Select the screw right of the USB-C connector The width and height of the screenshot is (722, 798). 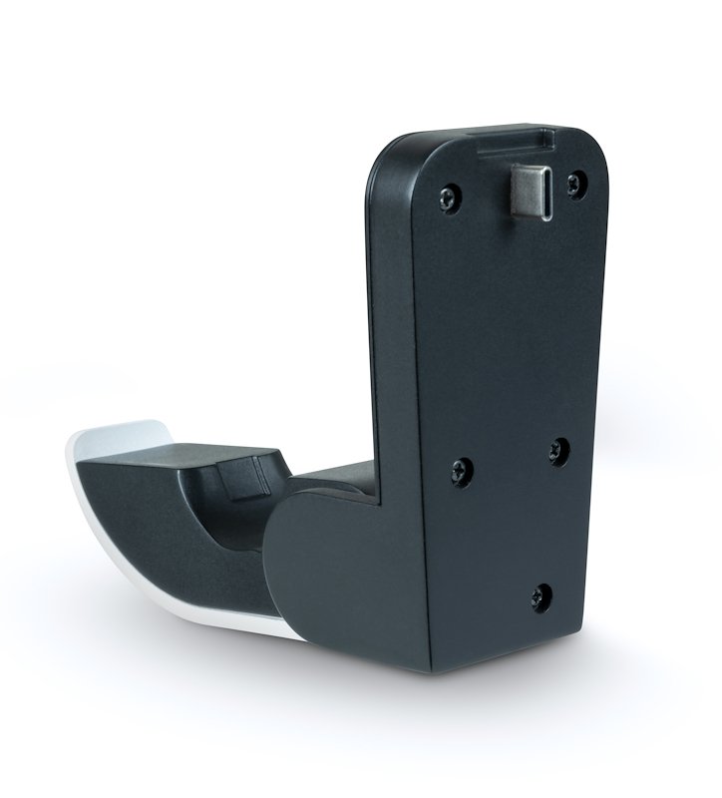click(x=572, y=184)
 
